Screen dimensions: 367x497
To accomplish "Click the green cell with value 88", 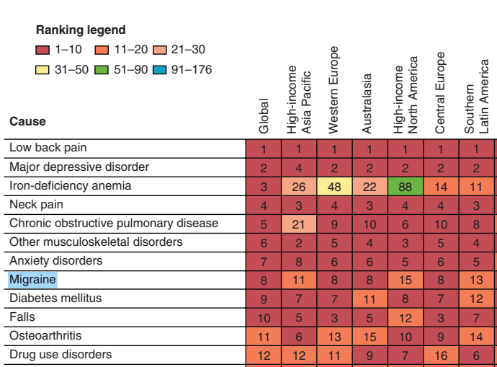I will [x=406, y=186].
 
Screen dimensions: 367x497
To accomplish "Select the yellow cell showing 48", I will [x=334, y=186].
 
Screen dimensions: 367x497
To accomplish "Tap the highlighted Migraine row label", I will [x=32, y=279].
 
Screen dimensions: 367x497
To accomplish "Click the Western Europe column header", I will [x=333, y=90].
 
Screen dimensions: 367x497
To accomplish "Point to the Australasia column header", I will [x=367, y=104].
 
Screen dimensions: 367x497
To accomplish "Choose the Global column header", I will [x=264, y=115].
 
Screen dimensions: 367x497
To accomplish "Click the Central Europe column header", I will [x=441, y=93].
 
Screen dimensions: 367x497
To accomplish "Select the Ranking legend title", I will [x=81, y=30].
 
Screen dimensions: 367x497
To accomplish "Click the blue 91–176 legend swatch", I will [x=160, y=70].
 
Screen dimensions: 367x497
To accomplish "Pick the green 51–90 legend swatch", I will [x=102, y=70].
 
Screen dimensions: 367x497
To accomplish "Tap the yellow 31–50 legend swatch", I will [x=43, y=70].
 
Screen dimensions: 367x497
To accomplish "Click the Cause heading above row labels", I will [x=27, y=122].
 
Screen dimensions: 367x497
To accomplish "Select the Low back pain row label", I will [x=48, y=148].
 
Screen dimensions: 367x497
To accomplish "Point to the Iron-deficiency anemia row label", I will [x=71, y=185].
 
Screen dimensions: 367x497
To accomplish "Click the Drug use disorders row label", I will [x=61, y=354].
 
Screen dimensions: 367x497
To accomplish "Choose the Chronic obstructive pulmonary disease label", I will [x=114, y=223].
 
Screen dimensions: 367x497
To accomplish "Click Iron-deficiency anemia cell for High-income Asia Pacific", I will [x=299, y=186].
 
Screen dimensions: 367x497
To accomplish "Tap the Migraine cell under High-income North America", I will [x=406, y=280].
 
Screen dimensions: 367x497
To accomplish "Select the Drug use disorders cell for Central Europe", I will [x=441, y=355].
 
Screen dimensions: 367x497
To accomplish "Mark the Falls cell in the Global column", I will [x=264, y=317].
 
